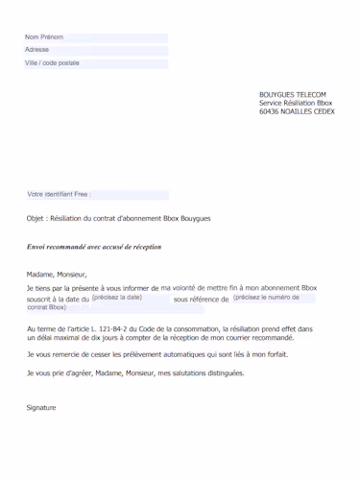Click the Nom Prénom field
(x=96, y=37)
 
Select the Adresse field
(x=96, y=50)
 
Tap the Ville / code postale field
(x=96, y=63)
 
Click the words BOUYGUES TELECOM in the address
(x=292, y=94)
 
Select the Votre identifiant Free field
(x=97, y=194)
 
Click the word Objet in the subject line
(x=36, y=219)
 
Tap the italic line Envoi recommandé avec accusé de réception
(x=94, y=247)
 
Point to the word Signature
(x=41, y=407)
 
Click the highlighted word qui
(x=200, y=354)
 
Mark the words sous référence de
(x=202, y=300)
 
